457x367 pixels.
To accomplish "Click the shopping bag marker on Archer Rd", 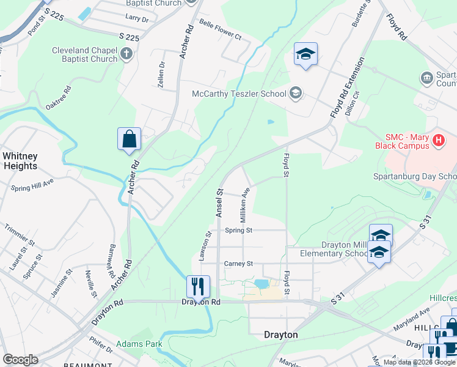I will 130,139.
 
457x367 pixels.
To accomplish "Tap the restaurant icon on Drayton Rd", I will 197,286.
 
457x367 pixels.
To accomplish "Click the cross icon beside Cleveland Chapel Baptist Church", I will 126,54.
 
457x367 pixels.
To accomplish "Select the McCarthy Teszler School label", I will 239,94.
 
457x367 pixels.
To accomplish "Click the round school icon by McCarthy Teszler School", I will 296,93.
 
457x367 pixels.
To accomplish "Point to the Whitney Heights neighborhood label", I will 20,161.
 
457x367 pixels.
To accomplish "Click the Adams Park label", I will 139,344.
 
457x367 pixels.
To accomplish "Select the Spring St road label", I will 238,231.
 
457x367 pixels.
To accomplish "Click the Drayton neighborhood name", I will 280,335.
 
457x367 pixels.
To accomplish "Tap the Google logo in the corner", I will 20,360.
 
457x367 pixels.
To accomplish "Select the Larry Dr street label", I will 136,20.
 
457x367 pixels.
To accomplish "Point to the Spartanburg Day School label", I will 415,176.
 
